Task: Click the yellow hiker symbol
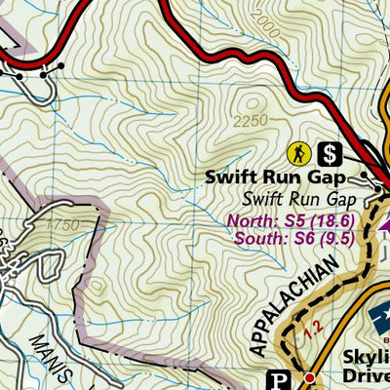pyautogui.click(x=298, y=153)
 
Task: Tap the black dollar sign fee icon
pyautogui.click(x=330, y=153)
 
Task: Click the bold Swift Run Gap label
pyautogui.click(x=276, y=178)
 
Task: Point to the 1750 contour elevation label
pyautogui.click(x=62, y=226)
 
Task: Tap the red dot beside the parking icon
pyautogui.click(x=309, y=377)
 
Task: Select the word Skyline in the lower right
pyautogui.click(x=364, y=355)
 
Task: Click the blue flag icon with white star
pyautogui.click(x=378, y=318)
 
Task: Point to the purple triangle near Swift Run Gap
pyautogui.click(x=383, y=223)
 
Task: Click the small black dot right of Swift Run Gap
pyautogui.click(x=366, y=176)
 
